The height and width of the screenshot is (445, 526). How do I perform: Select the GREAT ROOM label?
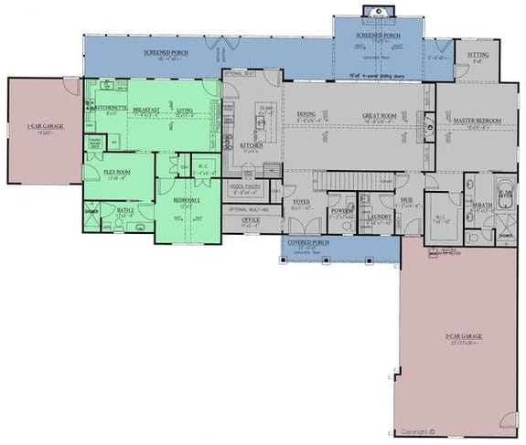(377, 115)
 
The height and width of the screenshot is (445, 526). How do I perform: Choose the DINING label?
(306, 115)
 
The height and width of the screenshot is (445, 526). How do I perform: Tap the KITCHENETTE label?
(111, 108)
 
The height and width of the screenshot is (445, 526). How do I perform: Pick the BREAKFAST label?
(146, 110)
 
